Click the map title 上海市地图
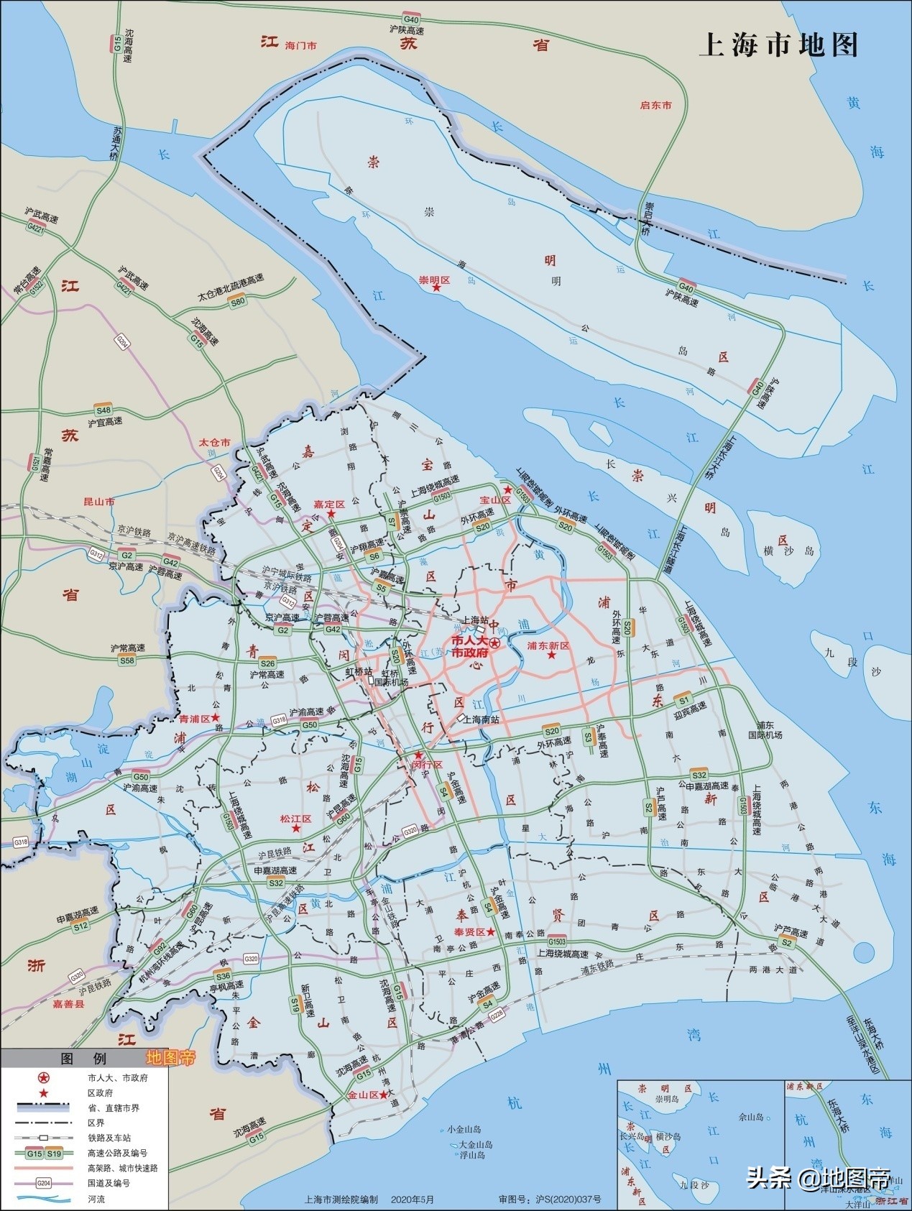pos(778,45)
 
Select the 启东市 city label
pos(655,105)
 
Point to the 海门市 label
pos(301,46)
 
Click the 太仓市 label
pos(214,443)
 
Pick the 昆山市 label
pos(99,501)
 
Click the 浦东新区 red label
pos(548,645)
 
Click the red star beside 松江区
pos(295,829)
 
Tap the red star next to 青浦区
pos(215,718)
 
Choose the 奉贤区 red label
pos(469,931)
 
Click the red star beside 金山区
pos(384,1095)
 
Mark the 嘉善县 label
pos(68,1005)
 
